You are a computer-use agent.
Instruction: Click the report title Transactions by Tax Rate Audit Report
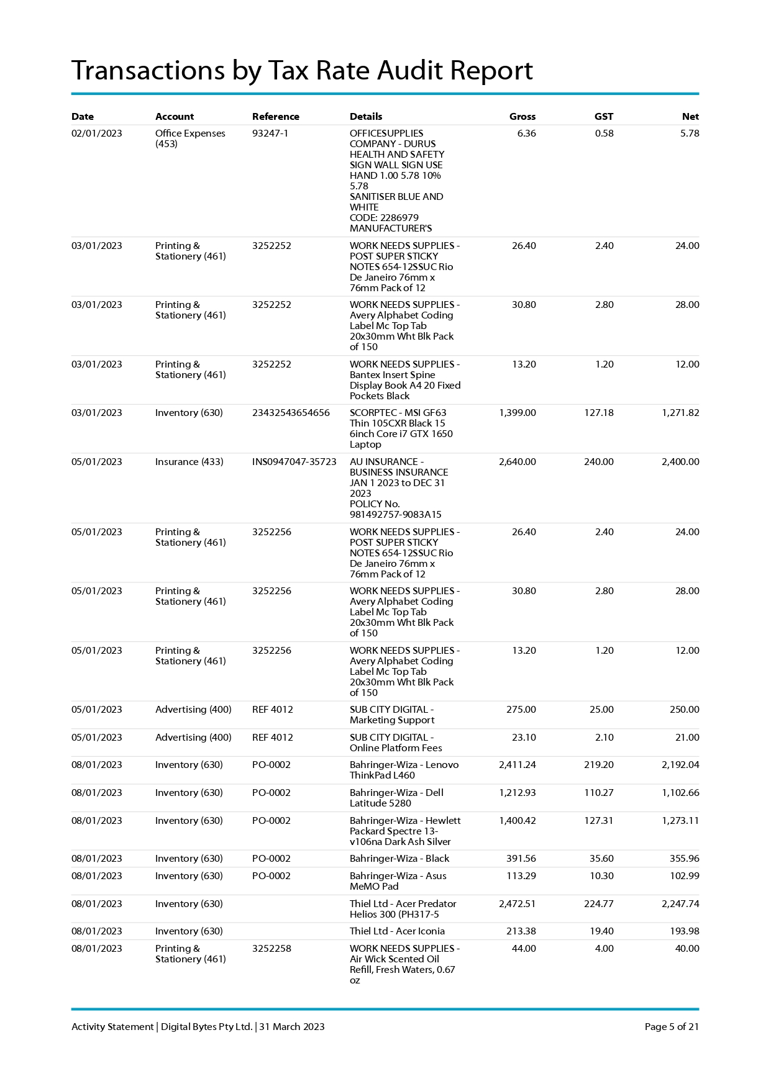302,71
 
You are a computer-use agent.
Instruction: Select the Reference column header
275,117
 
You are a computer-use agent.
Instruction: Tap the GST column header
603,117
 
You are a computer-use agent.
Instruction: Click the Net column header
690,117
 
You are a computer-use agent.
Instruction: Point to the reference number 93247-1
270,133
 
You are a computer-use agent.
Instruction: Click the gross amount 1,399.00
517,413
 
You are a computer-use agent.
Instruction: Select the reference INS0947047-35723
294,462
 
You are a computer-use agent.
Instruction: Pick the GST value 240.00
598,462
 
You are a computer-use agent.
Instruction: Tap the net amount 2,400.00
680,462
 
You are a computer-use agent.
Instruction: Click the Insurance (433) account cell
189,462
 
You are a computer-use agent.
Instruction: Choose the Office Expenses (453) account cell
190,138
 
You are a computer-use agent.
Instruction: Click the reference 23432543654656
291,413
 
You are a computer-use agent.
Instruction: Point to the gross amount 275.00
521,710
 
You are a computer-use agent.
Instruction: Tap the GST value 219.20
598,765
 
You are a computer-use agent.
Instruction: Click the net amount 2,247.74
680,904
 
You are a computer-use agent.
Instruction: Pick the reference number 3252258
271,949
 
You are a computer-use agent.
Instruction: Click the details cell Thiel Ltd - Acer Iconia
397,931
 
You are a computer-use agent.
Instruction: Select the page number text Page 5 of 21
671,1027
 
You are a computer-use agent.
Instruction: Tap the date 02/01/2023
97,133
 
